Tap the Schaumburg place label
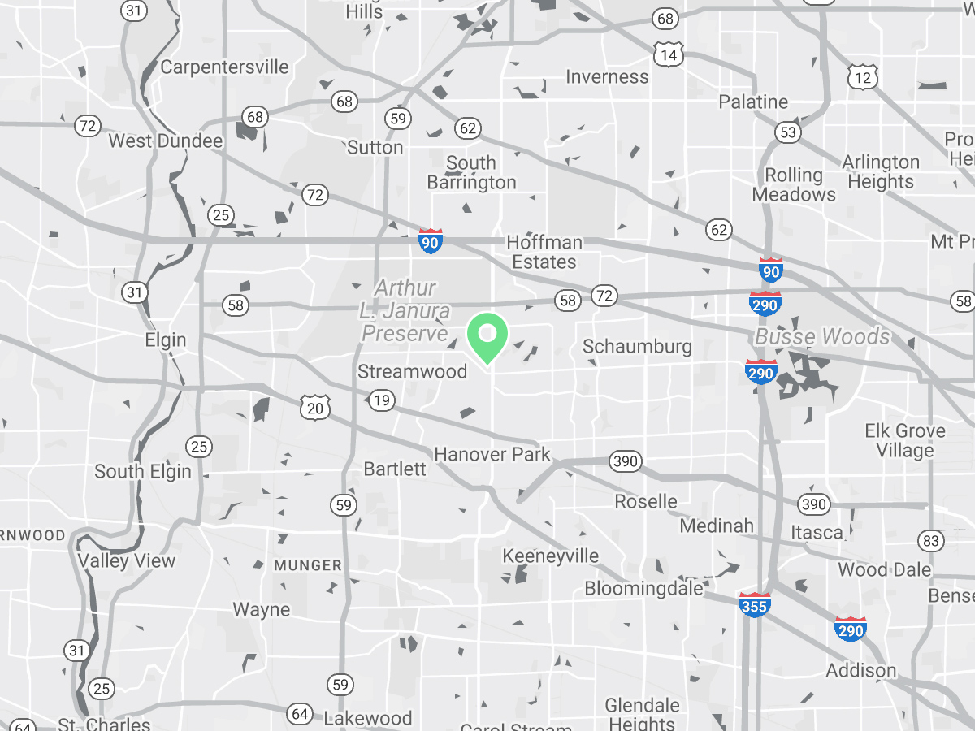tap(637, 347)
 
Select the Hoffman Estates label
tap(544, 253)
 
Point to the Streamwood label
tap(413, 372)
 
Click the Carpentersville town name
tap(224, 67)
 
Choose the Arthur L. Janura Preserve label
tap(405, 311)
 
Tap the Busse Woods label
tap(822, 337)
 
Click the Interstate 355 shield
tap(755, 605)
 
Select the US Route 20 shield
tap(315, 408)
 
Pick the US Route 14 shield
tap(668, 54)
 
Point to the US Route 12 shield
tap(862, 77)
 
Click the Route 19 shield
tap(381, 400)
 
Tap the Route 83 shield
tap(931, 540)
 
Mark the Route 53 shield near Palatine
tap(787, 132)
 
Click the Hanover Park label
tap(492, 454)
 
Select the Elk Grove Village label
tap(904, 440)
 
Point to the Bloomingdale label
tap(643, 588)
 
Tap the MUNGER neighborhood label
tap(308, 564)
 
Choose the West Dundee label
tap(166, 141)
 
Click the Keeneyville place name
tap(551, 556)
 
